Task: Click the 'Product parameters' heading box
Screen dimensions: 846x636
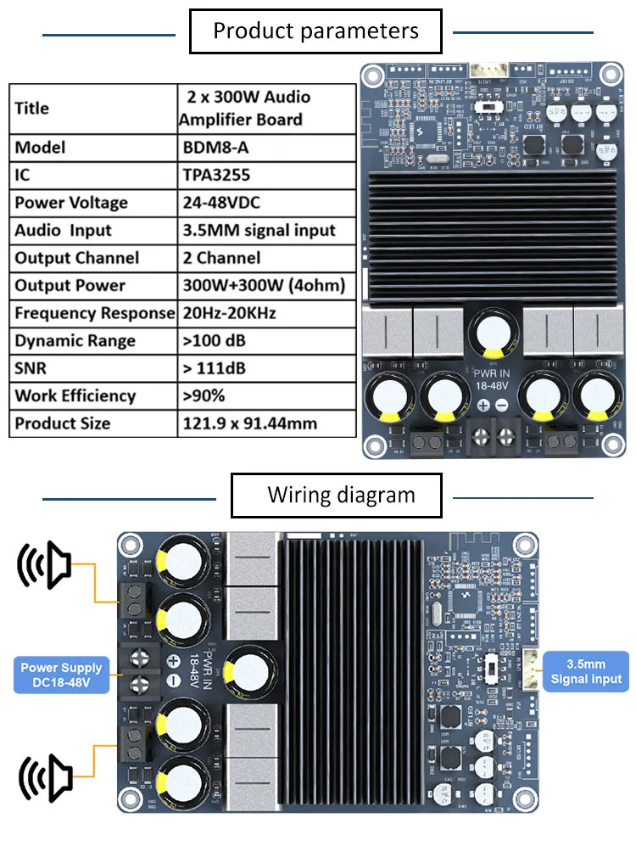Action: [315, 32]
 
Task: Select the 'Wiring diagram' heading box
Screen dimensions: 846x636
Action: [337, 496]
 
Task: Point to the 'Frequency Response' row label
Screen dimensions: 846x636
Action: [93, 313]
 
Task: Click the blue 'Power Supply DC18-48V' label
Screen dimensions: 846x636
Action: [61, 675]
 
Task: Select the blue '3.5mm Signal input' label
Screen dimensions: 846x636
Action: [585, 671]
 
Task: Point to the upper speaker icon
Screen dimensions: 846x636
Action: [45, 564]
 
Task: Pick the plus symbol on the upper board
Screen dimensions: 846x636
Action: [483, 406]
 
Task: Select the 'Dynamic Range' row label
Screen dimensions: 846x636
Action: [75, 341]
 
